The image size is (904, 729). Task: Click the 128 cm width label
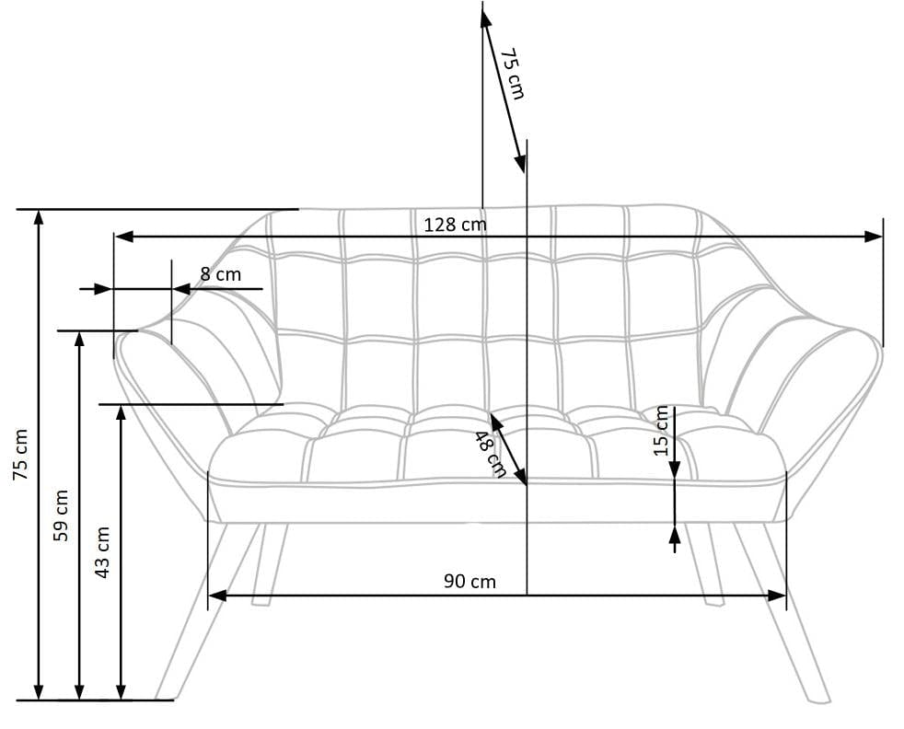point(455,224)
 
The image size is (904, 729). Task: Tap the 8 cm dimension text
point(220,274)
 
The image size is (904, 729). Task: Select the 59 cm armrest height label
point(61,515)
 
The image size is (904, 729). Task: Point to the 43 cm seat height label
point(102,552)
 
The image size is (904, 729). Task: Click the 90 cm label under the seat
point(469,581)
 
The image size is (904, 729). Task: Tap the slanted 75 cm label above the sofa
point(512,74)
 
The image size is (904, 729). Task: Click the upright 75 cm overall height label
point(20,454)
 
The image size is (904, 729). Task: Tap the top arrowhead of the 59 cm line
point(80,338)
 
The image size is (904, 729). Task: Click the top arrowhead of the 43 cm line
point(121,411)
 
